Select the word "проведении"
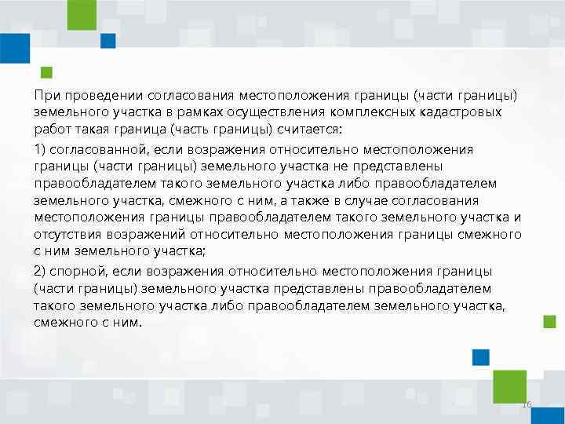click(x=95, y=95)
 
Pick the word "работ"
click(x=50, y=130)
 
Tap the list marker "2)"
click(x=41, y=271)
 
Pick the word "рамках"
click(x=178, y=112)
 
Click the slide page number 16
click(x=527, y=404)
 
